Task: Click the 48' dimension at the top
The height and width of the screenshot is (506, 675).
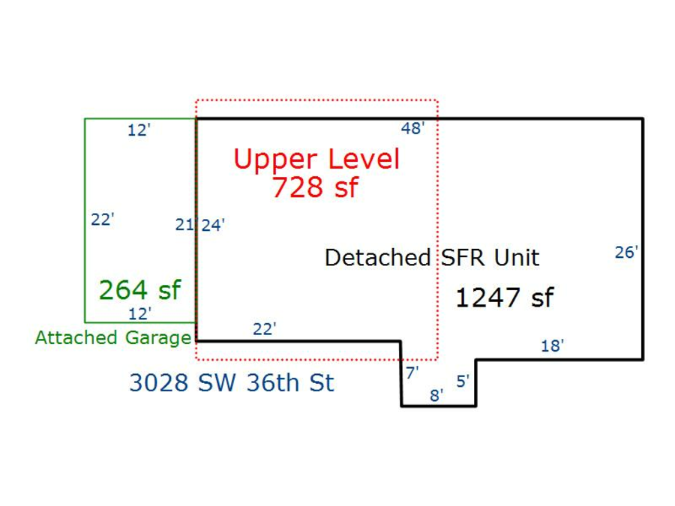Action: tap(412, 128)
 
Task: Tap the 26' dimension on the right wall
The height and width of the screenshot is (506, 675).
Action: tap(626, 253)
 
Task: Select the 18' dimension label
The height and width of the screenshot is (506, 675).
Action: tap(552, 346)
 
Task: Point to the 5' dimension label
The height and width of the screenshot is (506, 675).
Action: tap(463, 381)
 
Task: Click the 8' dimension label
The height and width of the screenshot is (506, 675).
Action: tap(436, 395)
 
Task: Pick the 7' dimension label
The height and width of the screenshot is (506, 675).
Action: tap(412, 372)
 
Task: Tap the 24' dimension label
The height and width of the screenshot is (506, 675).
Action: tap(213, 224)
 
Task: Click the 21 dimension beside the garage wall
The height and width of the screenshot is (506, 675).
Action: tap(184, 224)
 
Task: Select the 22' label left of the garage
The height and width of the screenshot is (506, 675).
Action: tap(102, 220)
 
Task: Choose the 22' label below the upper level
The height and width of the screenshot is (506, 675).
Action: tap(264, 328)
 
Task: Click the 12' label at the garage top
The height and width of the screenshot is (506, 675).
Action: tap(139, 130)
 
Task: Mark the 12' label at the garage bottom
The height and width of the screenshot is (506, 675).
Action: tap(139, 313)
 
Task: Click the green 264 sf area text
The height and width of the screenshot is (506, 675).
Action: tap(140, 289)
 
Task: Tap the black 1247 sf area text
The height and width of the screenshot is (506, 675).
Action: tap(504, 298)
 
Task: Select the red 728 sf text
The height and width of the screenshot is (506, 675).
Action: tap(315, 187)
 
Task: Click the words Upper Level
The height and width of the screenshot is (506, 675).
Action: tap(316, 159)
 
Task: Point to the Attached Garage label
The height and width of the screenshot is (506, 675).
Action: tap(112, 338)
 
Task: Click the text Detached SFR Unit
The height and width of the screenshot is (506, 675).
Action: tap(431, 258)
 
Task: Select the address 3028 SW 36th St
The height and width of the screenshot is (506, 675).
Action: tap(231, 383)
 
